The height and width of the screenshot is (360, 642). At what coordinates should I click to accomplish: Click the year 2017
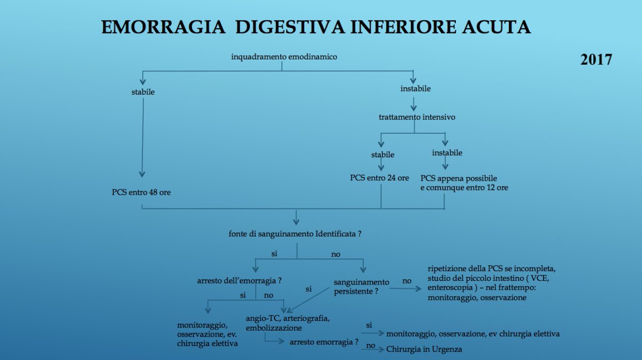(596, 59)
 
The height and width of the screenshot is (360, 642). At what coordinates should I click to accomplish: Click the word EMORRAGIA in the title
(163, 27)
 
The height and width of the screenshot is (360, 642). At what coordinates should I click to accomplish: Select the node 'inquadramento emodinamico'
(284, 57)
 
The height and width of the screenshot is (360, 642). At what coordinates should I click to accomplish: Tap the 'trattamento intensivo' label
(417, 117)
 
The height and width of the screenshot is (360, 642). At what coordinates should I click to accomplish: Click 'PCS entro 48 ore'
(141, 193)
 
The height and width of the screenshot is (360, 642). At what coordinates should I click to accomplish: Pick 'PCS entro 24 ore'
(379, 178)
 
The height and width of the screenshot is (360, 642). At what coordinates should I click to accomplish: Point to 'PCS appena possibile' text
(458, 178)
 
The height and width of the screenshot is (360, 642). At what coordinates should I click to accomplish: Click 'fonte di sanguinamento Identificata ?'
(295, 234)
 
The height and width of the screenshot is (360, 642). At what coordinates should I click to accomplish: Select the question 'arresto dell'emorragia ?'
(239, 281)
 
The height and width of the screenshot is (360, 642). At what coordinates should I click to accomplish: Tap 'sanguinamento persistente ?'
(362, 287)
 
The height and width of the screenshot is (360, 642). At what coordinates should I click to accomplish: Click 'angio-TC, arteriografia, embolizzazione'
(288, 323)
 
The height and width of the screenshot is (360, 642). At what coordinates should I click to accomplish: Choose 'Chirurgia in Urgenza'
(424, 349)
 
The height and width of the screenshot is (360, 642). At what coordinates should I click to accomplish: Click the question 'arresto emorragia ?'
(324, 342)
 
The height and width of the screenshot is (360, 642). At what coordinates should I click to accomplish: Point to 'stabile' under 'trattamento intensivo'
(383, 155)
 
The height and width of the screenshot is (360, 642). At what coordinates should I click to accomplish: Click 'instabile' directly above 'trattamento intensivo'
(416, 89)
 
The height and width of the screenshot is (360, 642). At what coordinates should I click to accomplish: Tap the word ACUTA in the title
(496, 27)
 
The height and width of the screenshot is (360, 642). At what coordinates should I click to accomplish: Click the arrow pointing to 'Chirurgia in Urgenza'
(372, 350)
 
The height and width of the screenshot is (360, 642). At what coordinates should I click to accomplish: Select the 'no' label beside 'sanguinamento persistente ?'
(407, 281)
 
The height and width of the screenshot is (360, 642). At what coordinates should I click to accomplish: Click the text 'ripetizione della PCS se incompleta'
(492, 269)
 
